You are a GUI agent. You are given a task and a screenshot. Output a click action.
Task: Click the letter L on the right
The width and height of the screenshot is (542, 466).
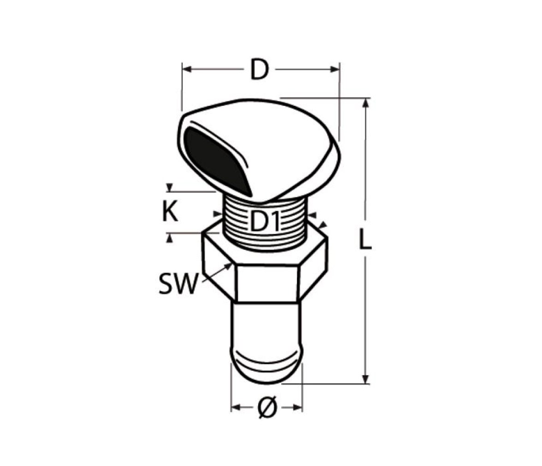365,239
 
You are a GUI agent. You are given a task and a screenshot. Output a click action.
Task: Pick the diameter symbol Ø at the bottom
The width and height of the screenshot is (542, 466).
267,407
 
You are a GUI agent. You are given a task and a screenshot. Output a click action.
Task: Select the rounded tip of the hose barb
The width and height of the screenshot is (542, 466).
266,368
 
